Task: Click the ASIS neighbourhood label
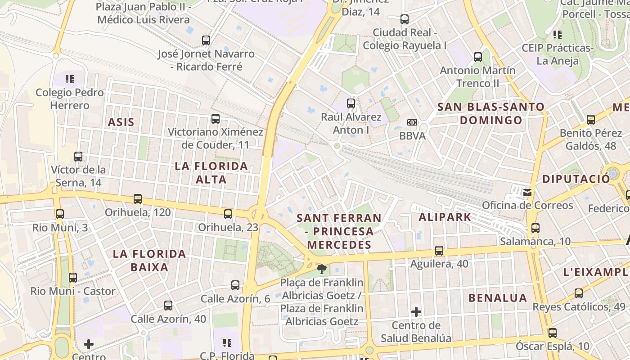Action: pyautogui.click(x=121, y=122)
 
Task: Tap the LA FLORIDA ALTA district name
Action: pyautogui.click(x=211, y=173)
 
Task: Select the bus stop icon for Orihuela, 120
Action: pyautogui.click(x=138, y=199)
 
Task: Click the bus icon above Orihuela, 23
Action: pyautogui.click(x=228, y=214)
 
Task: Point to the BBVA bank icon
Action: pyautogui.click(x=412, y=122)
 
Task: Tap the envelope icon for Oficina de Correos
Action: pyautogui.click(x=527, y=193)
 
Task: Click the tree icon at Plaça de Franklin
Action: pyautogui.click(x=322, y=270)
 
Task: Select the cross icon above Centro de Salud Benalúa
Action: pyautogui.click(x=416, y=311)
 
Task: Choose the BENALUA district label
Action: pyautogui.click(x=498, y=298)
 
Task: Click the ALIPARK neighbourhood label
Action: pyautogui.click(x=445, y=217)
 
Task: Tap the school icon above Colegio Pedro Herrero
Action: pyautogui.click(x=70, y=79)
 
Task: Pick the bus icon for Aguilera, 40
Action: pyautogui.click(x=439, y=251)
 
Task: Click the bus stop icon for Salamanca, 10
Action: pyautogui.click(x=535, y=228)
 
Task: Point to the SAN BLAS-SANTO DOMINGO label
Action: pyautogui.click(x=491, y=113)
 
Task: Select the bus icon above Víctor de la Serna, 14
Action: pyautogui.click(x=78, y=157)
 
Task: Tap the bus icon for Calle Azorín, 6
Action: pyautogui.click(x=235, y=285)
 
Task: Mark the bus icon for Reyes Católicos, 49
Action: pyautogui.click(x=579, y=293)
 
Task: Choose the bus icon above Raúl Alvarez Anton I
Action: pyautogui.click(x=351, y=103)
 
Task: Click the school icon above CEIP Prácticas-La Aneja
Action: pyautogui.click(x=558, y=34)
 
